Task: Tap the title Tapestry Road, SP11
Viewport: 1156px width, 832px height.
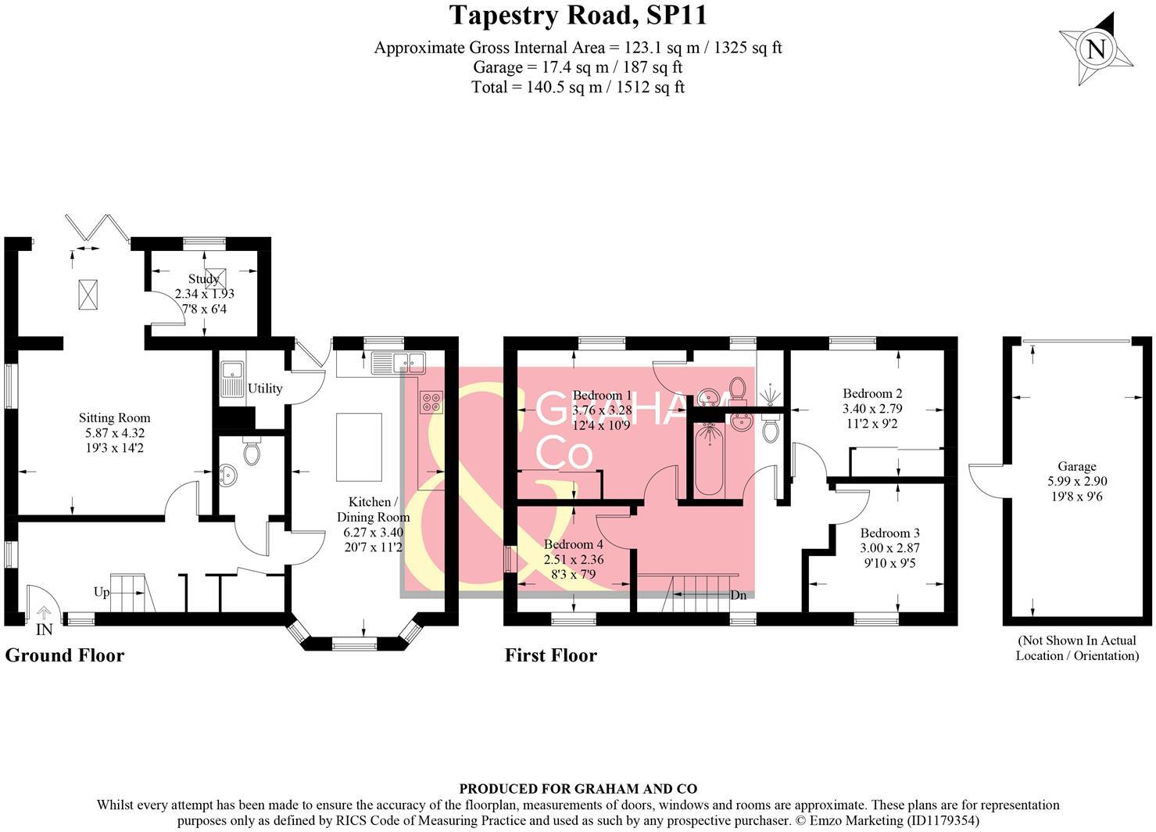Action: (x=578, y=15)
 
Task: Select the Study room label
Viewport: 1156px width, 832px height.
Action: (x=203, y=279)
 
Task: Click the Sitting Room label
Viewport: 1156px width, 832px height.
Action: (x=114, y=418)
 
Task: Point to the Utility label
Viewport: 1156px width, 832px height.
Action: (x=265, y=389)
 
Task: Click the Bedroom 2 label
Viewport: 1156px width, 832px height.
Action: (x=872, y=393)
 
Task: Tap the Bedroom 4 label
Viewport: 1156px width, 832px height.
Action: (x=574, y=545)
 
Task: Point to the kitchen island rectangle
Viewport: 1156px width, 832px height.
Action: (x=359, y=447)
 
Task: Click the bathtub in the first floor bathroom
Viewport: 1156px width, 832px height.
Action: (x=709, y=460)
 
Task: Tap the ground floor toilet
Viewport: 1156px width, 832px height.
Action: (x=252, y=452)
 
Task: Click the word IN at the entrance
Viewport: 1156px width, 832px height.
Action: (x=44, y=629)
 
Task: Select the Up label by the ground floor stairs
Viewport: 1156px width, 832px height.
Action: (x=102, y=592)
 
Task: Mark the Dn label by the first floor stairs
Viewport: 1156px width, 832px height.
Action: (x=738, y=595)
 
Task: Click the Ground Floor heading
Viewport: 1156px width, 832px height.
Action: (x=65, y=655)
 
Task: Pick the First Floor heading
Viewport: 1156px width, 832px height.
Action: (x=550, y=655)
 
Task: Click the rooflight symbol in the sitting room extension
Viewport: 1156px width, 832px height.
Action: (x=88, y=294)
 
